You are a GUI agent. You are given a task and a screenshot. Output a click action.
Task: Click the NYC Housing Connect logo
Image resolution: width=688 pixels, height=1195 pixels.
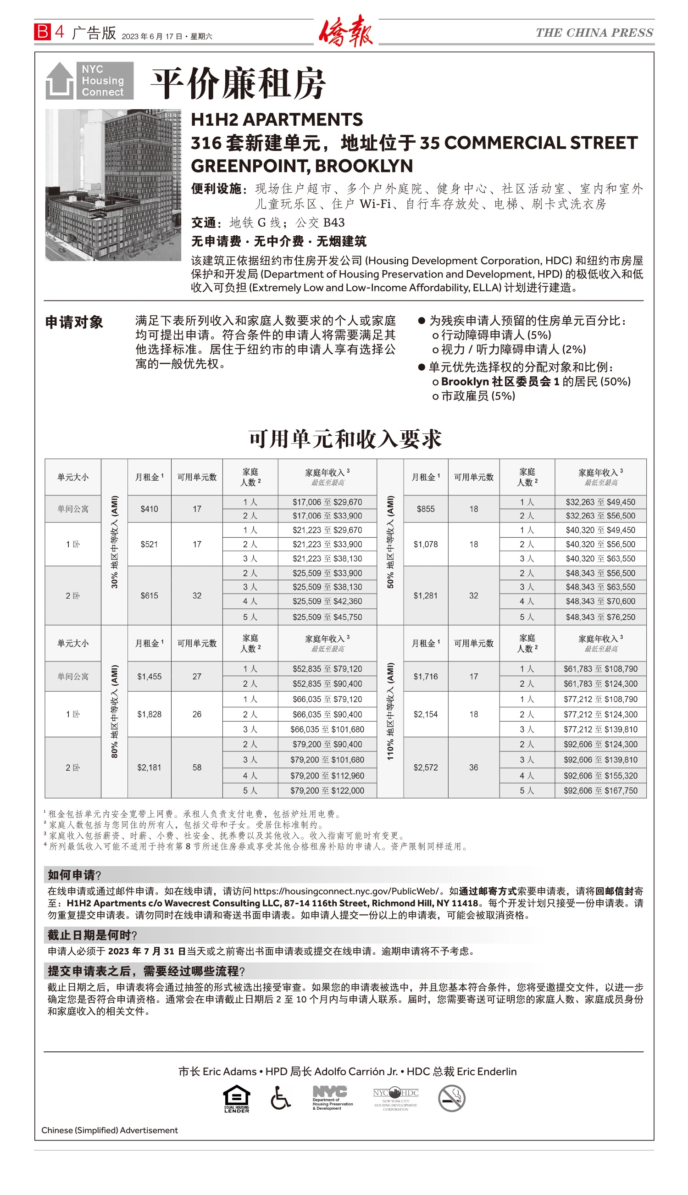pos(89,80)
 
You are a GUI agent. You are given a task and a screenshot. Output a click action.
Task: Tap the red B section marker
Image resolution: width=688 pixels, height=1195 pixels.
pos(42,32)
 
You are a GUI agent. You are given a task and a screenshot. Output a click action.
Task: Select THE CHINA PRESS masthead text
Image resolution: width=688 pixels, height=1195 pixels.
pos(594,33)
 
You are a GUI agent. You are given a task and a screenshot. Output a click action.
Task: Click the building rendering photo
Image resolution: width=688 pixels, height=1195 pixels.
pos(113,185)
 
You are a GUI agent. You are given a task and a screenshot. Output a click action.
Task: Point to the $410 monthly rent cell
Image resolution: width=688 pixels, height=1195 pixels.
pos(149,509)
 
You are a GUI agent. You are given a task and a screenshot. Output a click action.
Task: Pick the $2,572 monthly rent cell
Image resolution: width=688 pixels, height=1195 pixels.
pos(425,767)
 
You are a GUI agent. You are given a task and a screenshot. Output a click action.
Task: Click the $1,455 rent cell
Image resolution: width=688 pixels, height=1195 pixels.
pos(149,677)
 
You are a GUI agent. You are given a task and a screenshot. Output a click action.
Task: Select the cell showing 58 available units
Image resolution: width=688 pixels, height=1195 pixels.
pos(197,767)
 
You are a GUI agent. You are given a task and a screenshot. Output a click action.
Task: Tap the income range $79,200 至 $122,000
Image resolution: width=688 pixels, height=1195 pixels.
pos(327,790)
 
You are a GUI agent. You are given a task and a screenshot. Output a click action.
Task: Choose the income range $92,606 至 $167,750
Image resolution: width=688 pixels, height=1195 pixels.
pos(600,790)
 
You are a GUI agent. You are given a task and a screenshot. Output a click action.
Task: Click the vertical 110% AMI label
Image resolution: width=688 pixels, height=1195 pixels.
pos(390,711)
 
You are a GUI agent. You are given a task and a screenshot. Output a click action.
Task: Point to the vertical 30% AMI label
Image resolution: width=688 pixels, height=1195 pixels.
pos(114,542)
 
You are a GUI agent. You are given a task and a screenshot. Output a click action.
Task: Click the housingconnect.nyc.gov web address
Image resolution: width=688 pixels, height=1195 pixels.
pos(346,891)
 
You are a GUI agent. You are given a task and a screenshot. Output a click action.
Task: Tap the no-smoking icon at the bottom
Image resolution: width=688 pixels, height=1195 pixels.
pos(451,1098)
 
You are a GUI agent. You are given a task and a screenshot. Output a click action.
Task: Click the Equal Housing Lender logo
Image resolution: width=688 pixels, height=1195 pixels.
pos(236,1099)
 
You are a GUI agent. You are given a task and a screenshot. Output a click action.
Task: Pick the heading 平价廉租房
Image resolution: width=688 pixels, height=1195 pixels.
pos(238,83)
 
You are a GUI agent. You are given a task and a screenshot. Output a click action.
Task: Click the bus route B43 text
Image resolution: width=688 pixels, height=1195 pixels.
pos(333,222)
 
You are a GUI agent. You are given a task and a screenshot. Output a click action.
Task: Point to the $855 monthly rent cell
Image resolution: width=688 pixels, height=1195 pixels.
pos(425,509)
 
